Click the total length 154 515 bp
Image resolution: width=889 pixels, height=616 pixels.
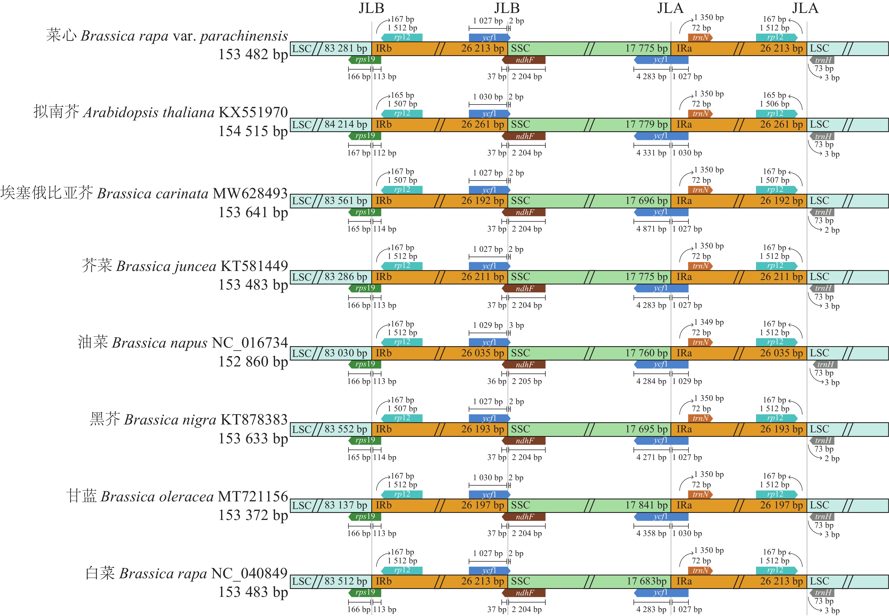tap(253, 131)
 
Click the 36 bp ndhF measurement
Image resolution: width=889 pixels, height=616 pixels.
tap(496, 381)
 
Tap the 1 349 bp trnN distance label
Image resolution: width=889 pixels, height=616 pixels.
tap(709, 322)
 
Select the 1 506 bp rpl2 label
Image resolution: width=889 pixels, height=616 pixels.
tap(774, 104)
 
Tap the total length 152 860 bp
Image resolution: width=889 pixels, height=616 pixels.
tap(253, 362)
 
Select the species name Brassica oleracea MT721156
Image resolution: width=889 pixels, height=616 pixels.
tap(177, 496)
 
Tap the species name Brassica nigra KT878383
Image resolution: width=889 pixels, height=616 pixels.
tap(189, 420)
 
